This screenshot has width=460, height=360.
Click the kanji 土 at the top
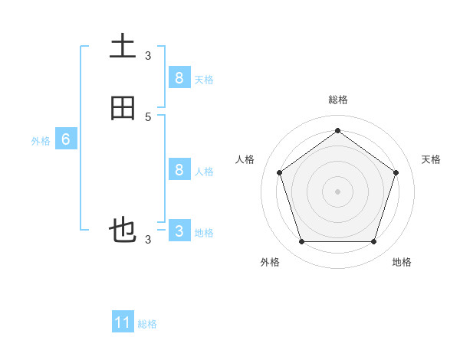(x=123, y=47)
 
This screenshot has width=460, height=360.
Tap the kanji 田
(x=123, y=109)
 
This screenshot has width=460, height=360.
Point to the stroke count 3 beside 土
(x=148, y=55)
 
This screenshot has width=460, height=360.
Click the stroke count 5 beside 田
(x=148, y=116)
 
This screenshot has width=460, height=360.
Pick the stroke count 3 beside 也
(x=148, y=239)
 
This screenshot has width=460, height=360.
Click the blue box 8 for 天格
(x=179, y=77)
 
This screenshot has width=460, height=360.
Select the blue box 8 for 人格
(x=179, y=169)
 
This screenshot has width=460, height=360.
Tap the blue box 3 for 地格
(x=179, y=231)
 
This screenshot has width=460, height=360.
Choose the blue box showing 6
(x=66, y=139)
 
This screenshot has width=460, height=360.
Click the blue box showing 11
(x=123, y=322)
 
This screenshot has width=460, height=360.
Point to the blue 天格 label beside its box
(x=203, y=79)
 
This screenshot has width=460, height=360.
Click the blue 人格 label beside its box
(x=203, y=171)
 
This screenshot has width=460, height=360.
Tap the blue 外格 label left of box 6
(x=41, y=141)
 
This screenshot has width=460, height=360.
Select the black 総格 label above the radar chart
(x=337, y=100)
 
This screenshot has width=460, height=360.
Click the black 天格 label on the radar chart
(x=431, y=159)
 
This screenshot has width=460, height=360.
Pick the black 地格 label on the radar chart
(x=402, y=262)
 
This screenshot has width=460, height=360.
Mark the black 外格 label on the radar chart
(x=270, y=262)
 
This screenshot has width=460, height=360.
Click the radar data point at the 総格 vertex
(x=337, y=131)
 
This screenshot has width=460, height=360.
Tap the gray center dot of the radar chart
(x=337, y=191)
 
